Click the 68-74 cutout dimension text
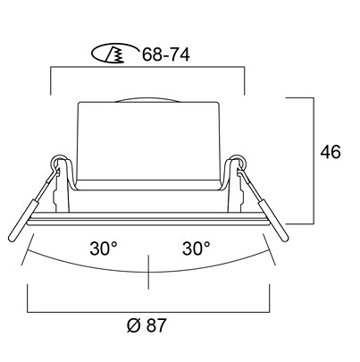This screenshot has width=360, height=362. (x=165, y=55)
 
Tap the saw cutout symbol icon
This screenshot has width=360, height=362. (x=115, y=55)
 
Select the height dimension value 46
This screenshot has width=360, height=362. (x=331, y=152)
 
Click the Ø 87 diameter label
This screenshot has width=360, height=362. (x=146, y=325)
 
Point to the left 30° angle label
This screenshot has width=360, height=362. (x=104, y=248)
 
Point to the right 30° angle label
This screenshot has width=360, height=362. (x=197, y=248)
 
